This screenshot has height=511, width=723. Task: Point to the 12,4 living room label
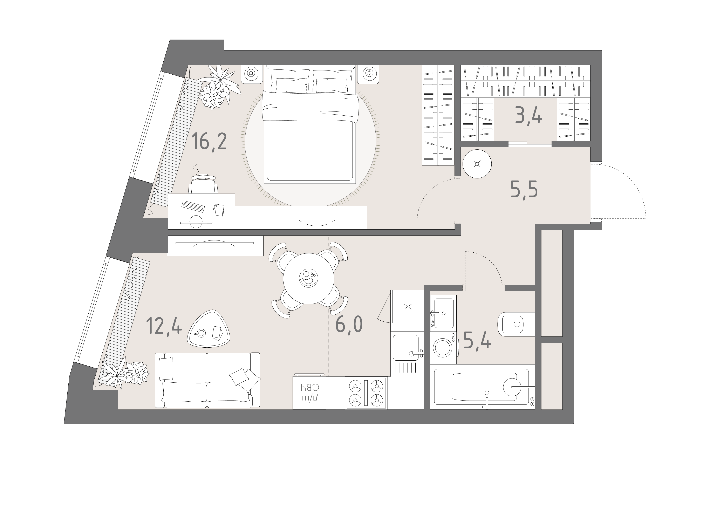[x=164, y=326]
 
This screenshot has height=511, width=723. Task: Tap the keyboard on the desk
[x=193, y=206]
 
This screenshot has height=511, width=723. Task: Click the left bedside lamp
[x=251, y=74]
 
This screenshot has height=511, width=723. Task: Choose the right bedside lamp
[x=368, y=74]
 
